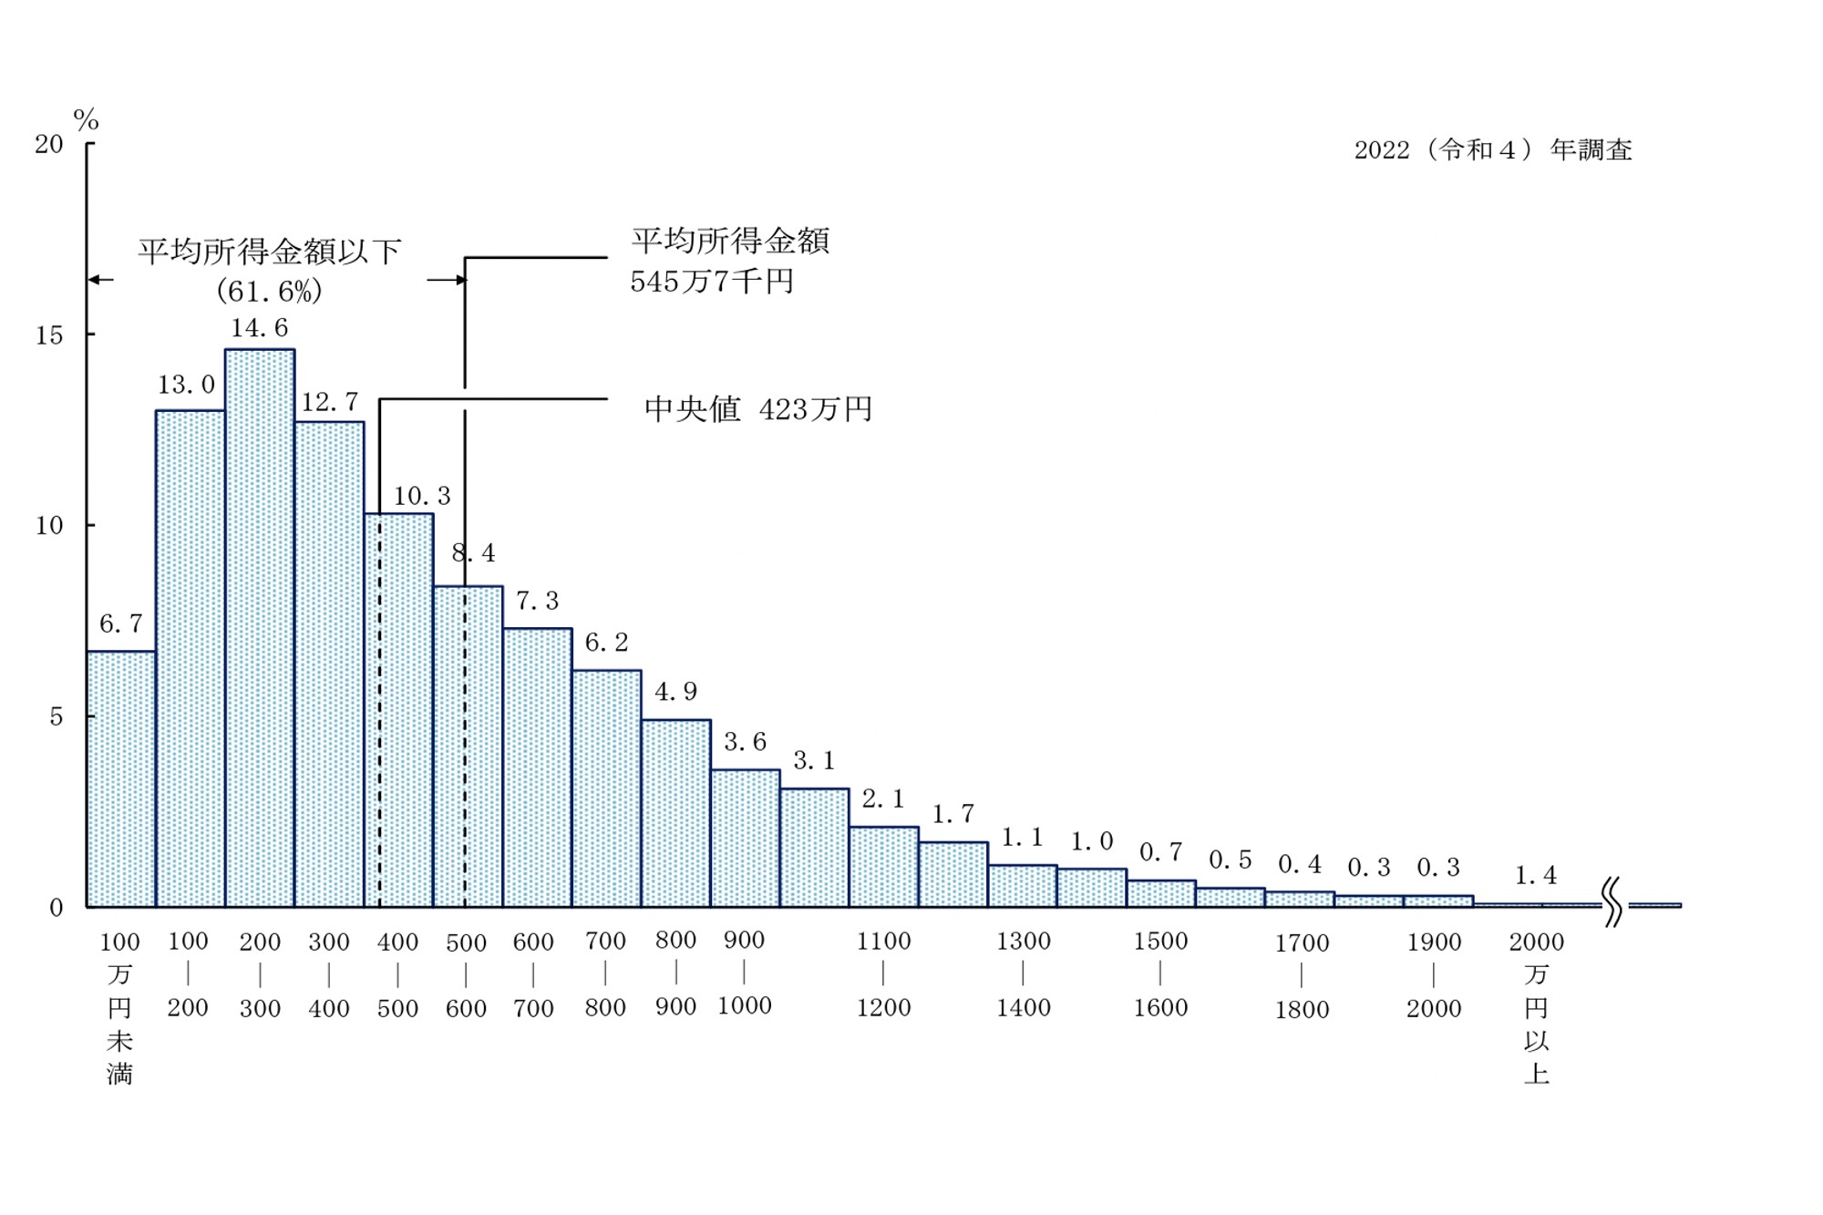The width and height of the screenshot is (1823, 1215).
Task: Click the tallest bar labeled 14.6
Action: (260, 629)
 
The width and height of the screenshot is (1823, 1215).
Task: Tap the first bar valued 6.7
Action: (121, 779)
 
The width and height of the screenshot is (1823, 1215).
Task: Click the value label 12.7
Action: (330, 402)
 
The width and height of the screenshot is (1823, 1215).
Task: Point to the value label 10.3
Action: (422, 496)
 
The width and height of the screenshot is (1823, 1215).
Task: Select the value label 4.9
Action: (675, 692)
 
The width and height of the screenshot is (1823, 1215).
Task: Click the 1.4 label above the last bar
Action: (1536, 876)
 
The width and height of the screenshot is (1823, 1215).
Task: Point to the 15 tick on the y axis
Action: (49, 335)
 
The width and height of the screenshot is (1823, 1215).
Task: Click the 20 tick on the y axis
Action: (49, 144)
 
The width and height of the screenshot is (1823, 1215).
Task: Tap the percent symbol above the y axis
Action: (86, 119)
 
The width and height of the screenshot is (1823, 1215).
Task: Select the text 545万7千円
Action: (712, 282)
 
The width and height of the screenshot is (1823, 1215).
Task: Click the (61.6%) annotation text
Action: (269, 291)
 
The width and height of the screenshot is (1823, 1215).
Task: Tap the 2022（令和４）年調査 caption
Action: (1492, 149)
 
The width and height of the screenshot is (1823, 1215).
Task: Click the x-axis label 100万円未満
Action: (119, 1007)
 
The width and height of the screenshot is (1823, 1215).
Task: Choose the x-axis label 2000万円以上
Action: (1536, 1007)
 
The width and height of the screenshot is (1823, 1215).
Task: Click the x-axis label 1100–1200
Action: (883, 974)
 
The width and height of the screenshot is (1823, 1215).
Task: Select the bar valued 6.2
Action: (607, 788)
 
